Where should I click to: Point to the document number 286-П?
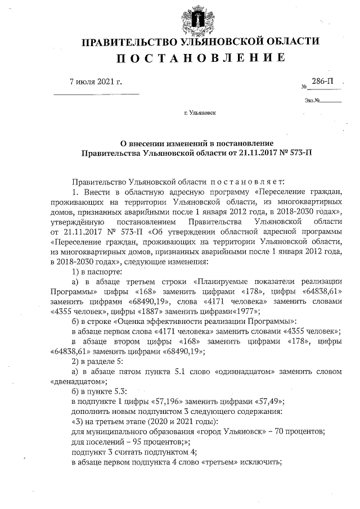tap(322, 82)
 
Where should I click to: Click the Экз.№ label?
tap(312, 101)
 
